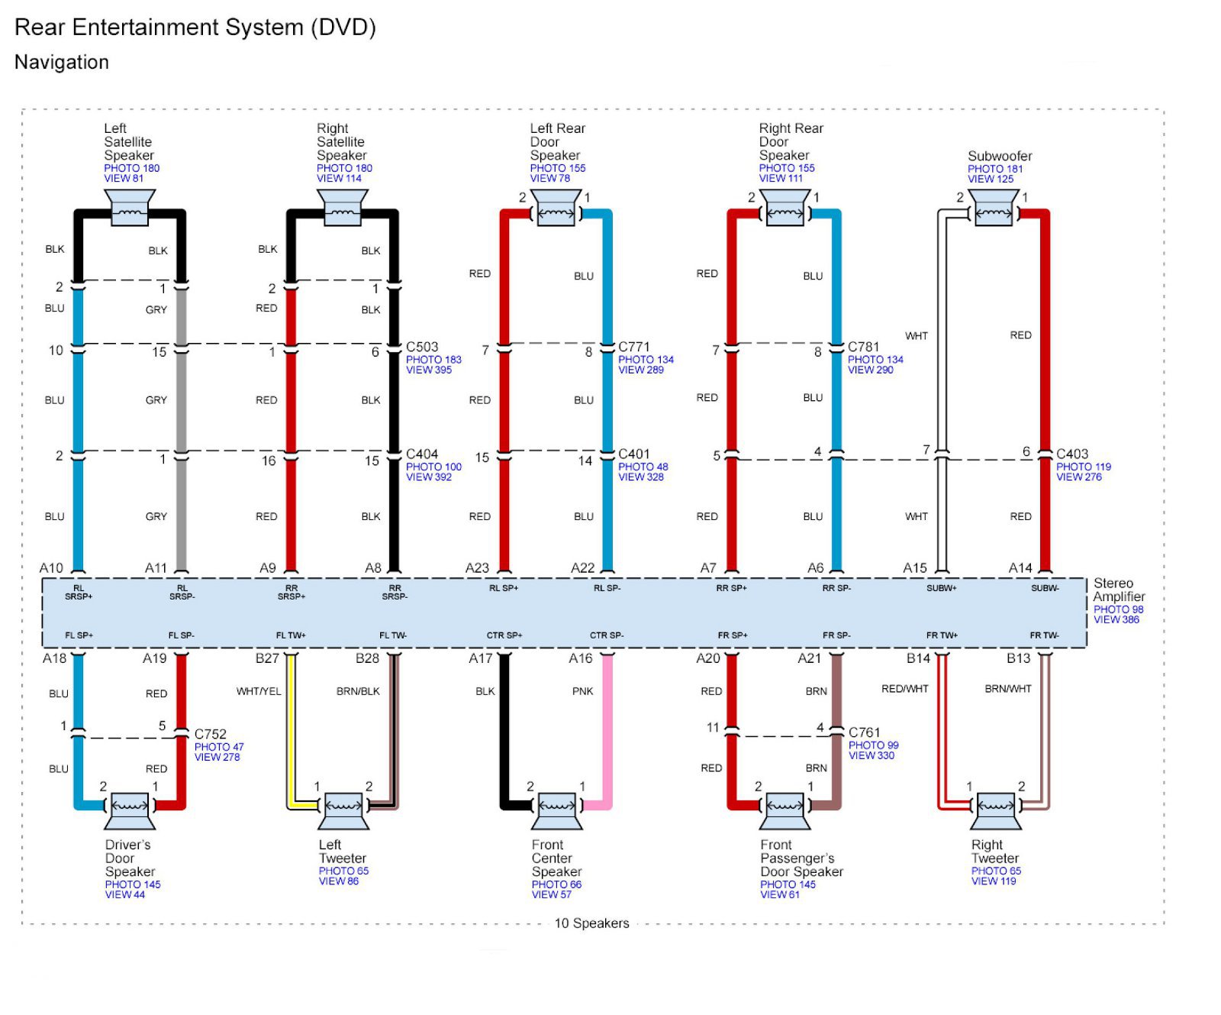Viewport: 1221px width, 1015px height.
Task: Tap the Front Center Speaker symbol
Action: click(557, 811)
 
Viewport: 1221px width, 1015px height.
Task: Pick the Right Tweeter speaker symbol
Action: click(996, 811)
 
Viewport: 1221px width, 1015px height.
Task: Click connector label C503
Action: click(422, 347)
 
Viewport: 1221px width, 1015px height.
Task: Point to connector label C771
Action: click(633, 347)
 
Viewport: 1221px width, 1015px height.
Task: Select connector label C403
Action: click(1072, 454)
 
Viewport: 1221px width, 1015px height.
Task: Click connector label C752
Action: click(211, 734)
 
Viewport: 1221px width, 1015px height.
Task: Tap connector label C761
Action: click(865, 732)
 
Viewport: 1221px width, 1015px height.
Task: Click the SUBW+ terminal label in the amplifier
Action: click(942, 588)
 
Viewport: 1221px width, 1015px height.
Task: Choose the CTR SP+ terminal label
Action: click(504, 635)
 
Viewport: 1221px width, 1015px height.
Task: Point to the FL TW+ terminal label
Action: click(291, 635)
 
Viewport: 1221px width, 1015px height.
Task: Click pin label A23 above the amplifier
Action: click(477, 567)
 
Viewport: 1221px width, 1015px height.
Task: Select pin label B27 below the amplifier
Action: click(267, 658)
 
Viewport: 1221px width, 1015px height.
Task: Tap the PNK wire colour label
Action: click(582, 691)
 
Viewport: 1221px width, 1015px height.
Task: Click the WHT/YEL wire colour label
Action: click(259, 691)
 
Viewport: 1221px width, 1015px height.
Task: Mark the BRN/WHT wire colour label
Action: click(1008, 689)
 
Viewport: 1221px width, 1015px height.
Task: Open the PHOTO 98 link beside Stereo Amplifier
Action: click(1118, 609)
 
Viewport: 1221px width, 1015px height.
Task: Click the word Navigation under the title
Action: click(62, 62)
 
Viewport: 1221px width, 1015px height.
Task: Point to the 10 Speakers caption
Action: click(591, 923)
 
